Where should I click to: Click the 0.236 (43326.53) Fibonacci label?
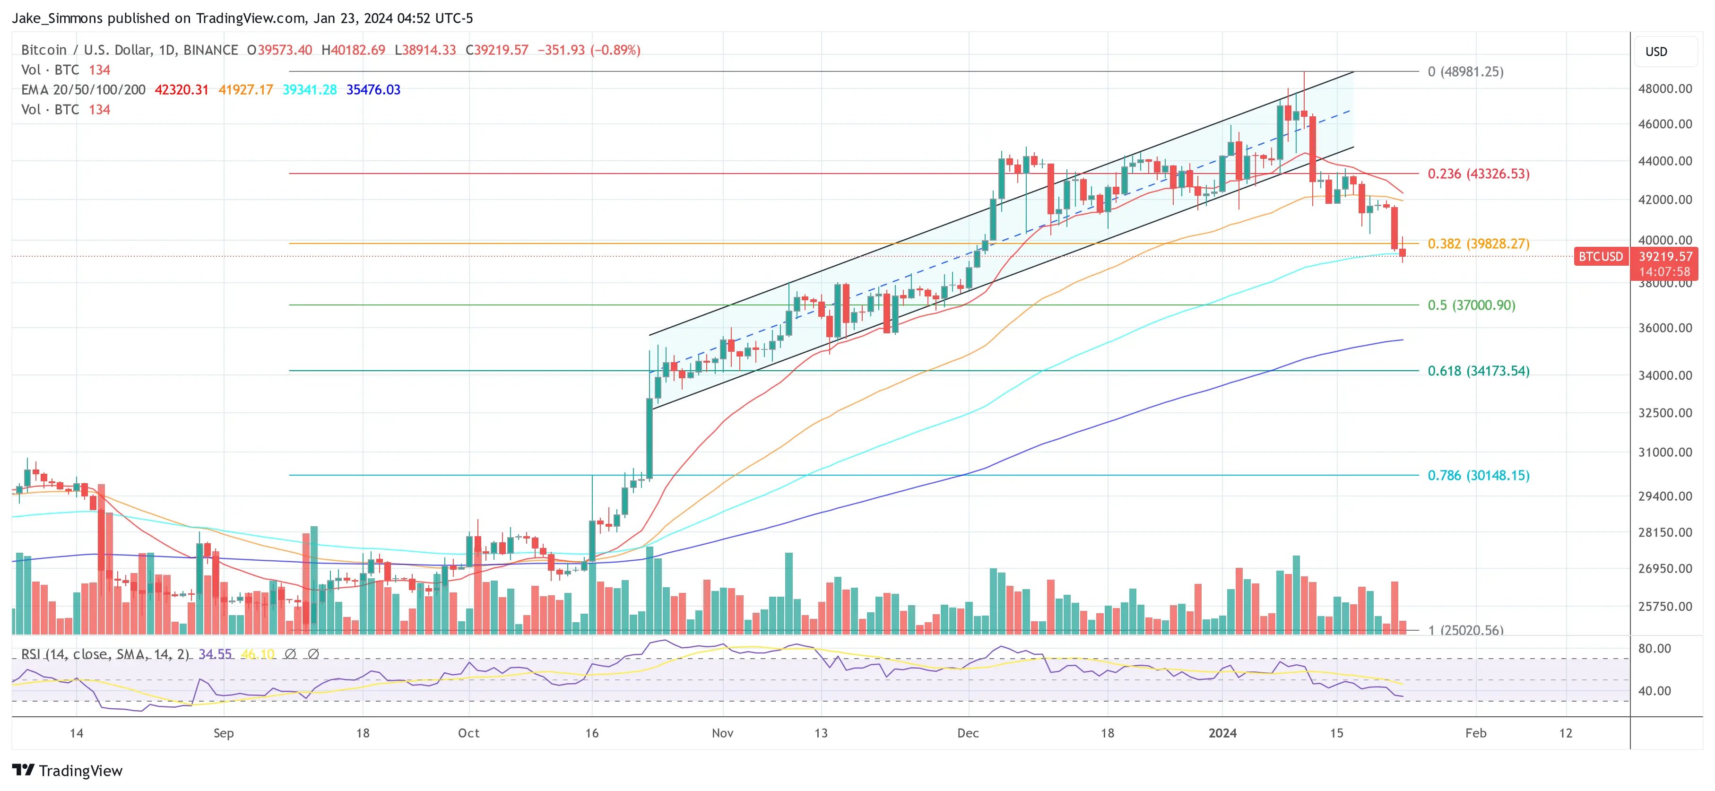1478,174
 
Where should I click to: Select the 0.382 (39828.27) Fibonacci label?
1478,243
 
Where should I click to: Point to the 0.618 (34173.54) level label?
1478,371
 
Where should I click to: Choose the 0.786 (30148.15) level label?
1478,475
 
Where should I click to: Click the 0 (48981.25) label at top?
1464,72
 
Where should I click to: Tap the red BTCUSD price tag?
1601,256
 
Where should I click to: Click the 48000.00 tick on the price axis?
1664,88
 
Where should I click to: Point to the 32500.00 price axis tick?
1664,413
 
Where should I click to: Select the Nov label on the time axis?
722,733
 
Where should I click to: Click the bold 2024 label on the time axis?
1222,733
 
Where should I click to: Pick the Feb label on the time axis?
1475,733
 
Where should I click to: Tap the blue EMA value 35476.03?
373,90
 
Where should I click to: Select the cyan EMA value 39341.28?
310,90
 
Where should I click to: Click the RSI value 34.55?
215,654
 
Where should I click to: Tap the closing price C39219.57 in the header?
497,50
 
